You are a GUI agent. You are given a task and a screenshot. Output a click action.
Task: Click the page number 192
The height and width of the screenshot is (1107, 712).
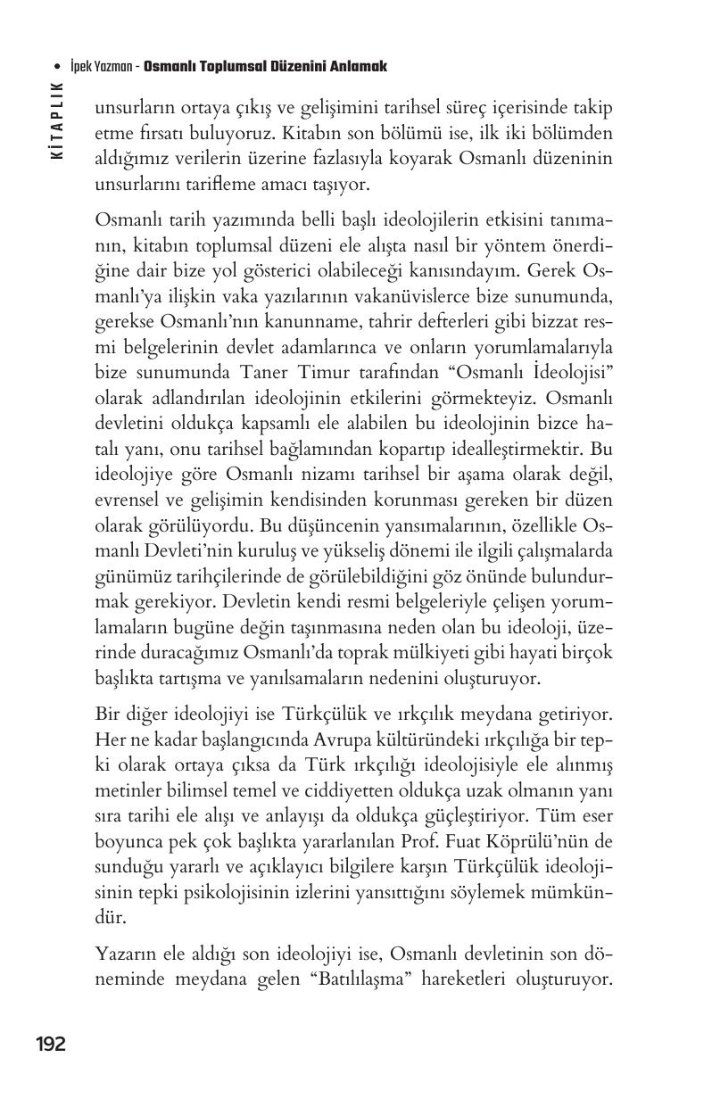[51, 1044]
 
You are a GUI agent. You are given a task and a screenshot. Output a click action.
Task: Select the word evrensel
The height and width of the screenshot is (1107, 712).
[124, 502]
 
